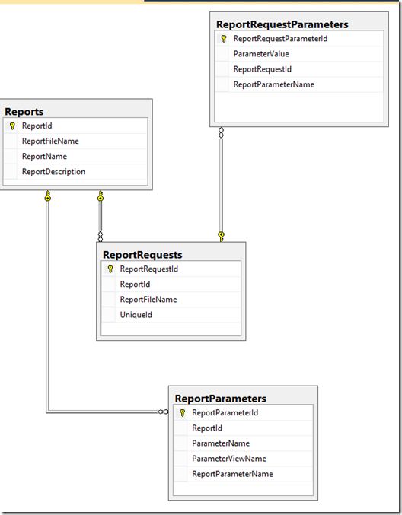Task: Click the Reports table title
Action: [x=24, y=112]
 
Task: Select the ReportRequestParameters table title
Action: [x=282, y=24]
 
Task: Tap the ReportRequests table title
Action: [x=142, y=255]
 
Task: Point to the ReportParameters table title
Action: [x=220, y=398]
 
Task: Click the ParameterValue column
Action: [x=261, y=54]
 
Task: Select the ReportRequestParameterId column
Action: [x=280, y=38]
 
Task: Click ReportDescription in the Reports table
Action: [x=53, y=172]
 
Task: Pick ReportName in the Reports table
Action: [x=44, y=157]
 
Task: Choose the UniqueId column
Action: [x=136, y=315]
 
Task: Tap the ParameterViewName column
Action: [x=229, y=459]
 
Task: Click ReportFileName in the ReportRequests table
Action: [x=148, y=300]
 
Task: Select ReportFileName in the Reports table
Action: [x=50, y=141]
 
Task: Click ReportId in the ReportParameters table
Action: [x=206, y=428]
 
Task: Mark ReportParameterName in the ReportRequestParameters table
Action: [x=273, y=84]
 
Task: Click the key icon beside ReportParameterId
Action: [x=182, y=413]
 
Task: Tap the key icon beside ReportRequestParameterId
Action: [x=223, y=38]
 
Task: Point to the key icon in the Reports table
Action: [x=12, y=126]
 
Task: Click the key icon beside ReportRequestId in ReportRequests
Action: [x=110, y=269]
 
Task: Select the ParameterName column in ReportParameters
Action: [x=221, y=443]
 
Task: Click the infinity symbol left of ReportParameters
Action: [x=163, y=412]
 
